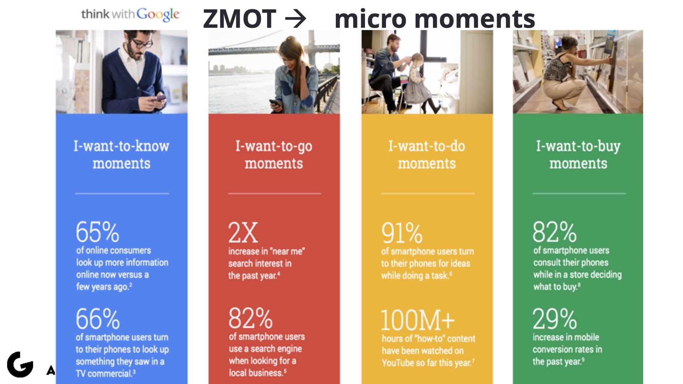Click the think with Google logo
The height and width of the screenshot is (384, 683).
tap(131, 14)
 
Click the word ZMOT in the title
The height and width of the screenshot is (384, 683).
tap(239, 19)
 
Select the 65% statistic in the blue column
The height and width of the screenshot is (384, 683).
tap(97, 232)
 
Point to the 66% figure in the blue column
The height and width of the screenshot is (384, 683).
tap(98, 319)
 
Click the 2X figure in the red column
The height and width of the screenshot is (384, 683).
tap(243, 233)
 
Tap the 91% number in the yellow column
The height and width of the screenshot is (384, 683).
tap(402, 233)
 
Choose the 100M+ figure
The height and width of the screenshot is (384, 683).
tap(418, 320)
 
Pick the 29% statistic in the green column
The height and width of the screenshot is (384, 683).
tap(555, 319)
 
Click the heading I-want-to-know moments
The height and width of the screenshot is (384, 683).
tap(122, 155)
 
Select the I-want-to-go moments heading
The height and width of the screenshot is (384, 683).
tap(274, 155)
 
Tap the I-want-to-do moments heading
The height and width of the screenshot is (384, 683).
tap(427, 155)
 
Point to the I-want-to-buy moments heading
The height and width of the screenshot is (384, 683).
tap(578, 155)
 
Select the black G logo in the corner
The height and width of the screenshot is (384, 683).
tap(20, 364)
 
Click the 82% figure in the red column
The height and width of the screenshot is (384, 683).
tap(250, 318)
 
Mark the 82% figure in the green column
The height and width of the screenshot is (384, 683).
tap(555, 232)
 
